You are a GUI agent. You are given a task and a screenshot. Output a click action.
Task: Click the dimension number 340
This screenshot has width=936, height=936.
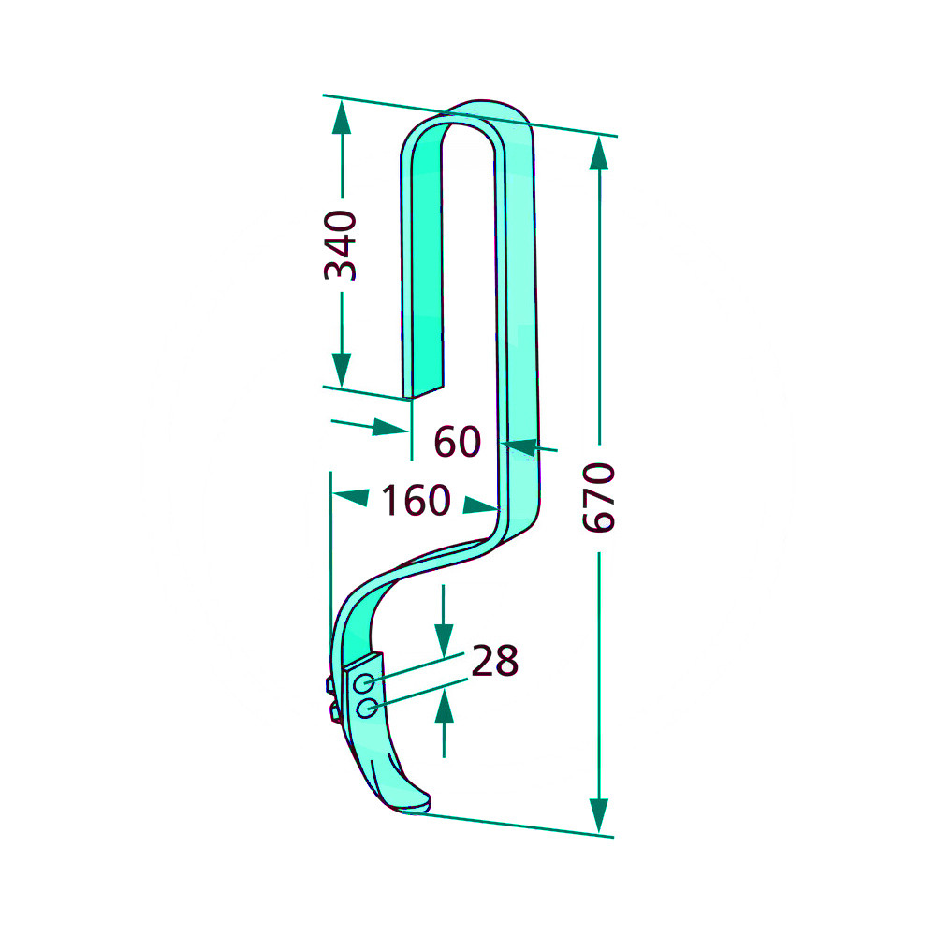pos(341,245)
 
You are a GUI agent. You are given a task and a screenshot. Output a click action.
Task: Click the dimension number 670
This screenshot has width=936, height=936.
pos(599,497)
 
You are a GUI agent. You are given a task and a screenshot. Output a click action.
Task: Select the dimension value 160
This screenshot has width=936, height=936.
pos(416,500)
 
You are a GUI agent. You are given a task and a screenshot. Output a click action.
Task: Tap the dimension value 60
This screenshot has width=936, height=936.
pos(458,442)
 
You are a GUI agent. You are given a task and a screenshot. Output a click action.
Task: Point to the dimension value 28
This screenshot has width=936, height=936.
pos(495,661)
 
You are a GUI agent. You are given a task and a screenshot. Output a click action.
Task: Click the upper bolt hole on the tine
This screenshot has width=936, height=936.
pos(363,683)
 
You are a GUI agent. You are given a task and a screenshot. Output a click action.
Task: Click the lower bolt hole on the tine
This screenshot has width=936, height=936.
pos(367,709)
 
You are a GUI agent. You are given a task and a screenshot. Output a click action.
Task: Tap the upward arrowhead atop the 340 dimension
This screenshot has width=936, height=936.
pos(342,117)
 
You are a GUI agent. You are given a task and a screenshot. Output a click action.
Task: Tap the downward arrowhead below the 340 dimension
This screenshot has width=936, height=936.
pos(342,370)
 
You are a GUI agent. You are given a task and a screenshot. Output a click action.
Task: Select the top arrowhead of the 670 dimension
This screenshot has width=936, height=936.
pos(599,153)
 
